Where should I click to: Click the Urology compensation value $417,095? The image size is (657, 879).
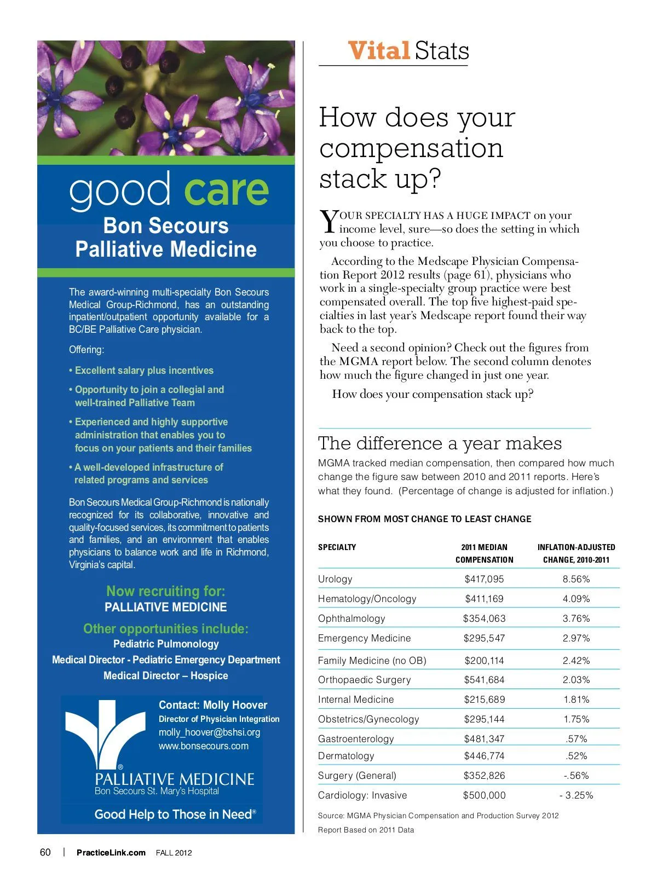coord(484,579)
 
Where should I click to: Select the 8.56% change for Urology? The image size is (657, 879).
coord(576,579)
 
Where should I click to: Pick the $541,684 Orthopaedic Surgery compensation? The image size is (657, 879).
coord(484,680)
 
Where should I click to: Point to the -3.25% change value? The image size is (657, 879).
coord(576,795)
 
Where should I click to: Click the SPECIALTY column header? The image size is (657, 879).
coord(337,547)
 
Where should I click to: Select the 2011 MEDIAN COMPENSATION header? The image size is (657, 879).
coord(484,553)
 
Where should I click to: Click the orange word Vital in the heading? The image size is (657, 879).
coord(379,51)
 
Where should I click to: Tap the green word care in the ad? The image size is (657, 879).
coord(226,189)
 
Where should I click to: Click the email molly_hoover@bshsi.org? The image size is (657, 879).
coord(209,732)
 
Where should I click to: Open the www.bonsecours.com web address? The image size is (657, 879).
coord(203,746)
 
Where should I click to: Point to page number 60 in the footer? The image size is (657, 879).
coord(45,852)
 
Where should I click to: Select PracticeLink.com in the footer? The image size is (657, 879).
coord(111,852)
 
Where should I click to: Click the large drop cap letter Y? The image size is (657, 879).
coord(328,222)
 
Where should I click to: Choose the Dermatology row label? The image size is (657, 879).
coord(346,756)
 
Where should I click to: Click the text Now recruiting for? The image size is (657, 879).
coord(165,591)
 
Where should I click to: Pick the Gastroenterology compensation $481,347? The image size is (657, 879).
coord(484,739)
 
